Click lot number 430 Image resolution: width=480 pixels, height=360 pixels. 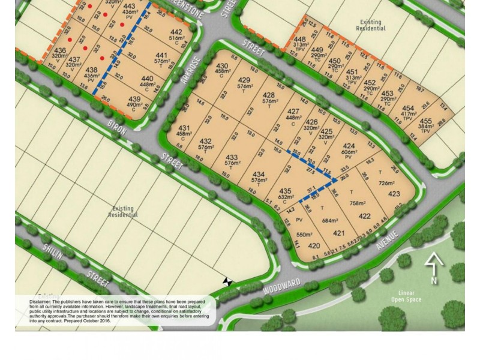[x=222, y=67]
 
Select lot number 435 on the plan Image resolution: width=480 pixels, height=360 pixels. [x=286, y=191]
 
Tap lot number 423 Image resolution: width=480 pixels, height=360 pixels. [x=394, y=194]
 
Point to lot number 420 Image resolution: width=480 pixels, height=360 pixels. [x=314, y=246]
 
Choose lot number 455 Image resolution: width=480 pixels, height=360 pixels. [x=425, y=122]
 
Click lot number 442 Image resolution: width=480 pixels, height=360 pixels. [x=176, y=32]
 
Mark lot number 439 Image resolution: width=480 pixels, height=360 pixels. [x=134, y=100]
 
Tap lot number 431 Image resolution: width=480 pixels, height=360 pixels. [x=184, y=128]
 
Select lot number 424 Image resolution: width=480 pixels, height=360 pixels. [x=349, y=146]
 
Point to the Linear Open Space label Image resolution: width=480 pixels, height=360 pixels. [x=406, y=296]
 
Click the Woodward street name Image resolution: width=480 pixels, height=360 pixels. [x=281, y=287]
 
